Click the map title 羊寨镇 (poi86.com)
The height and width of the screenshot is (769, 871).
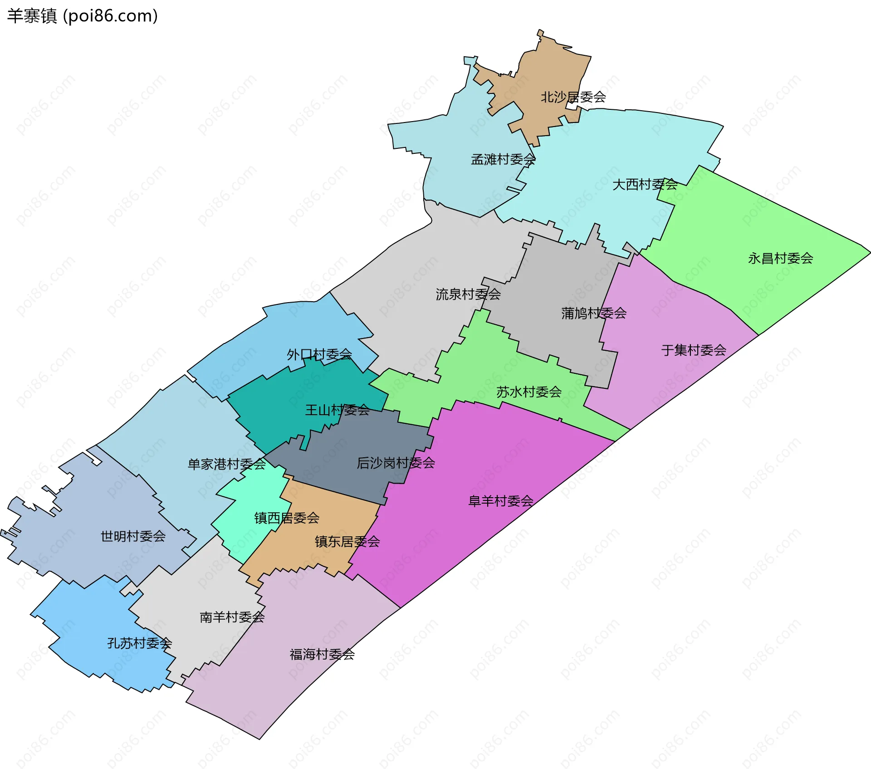click(83, 16)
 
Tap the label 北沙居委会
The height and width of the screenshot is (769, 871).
click(573, 97)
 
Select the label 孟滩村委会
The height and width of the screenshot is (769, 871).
click(503, 159)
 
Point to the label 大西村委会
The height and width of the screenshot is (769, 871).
click(645, 184)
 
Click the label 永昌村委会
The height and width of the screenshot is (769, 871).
click(780, 258)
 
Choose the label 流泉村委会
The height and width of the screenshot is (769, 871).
click(468, 294)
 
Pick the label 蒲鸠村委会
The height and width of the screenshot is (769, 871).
click(594, 313)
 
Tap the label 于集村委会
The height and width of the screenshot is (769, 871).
click(694, 350)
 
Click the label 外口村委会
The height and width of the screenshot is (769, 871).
click(319, 354)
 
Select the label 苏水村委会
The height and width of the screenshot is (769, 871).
click(529, 392)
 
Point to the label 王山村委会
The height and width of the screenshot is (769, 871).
click(337, 410)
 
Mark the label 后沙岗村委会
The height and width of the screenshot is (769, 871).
click(396, 463)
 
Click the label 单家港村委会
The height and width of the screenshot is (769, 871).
click(227, 464)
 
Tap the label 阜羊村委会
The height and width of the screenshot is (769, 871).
click(501, 501)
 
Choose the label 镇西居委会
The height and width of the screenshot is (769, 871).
click(287, 518)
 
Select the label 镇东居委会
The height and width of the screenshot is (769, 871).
click(347, 541)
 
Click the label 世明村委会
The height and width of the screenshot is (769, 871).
click(133, 536)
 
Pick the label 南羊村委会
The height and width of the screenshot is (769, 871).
click(232, 617)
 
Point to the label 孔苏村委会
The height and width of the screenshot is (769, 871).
click(139, 643)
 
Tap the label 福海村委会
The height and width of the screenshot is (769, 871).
click(322, 654)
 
